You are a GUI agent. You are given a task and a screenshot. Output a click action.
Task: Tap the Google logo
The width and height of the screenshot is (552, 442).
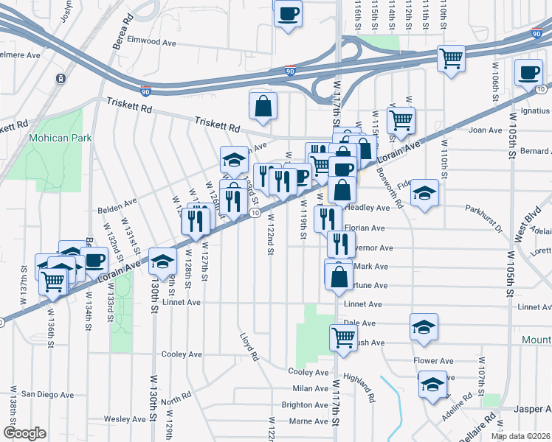(x=24, y=433)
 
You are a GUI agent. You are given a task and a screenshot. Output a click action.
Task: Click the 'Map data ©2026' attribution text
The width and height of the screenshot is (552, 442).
(x=520, y=436)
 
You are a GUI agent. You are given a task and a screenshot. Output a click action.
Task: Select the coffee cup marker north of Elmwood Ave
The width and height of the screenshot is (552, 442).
(x=288, y=13)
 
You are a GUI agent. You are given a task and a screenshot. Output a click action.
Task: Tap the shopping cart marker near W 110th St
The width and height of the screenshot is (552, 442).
(x=450, y=58)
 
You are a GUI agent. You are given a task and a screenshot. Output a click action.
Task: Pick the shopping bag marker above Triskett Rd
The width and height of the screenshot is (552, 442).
(x=263, y=106)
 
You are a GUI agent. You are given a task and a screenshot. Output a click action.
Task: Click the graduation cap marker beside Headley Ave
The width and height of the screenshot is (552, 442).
(x=424, y=194)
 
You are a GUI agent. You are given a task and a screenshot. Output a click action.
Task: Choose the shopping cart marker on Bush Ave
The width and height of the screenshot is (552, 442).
(x=343, y=338)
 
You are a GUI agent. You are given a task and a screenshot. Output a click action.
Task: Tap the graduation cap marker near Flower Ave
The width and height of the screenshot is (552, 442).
(x=432, y=385)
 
